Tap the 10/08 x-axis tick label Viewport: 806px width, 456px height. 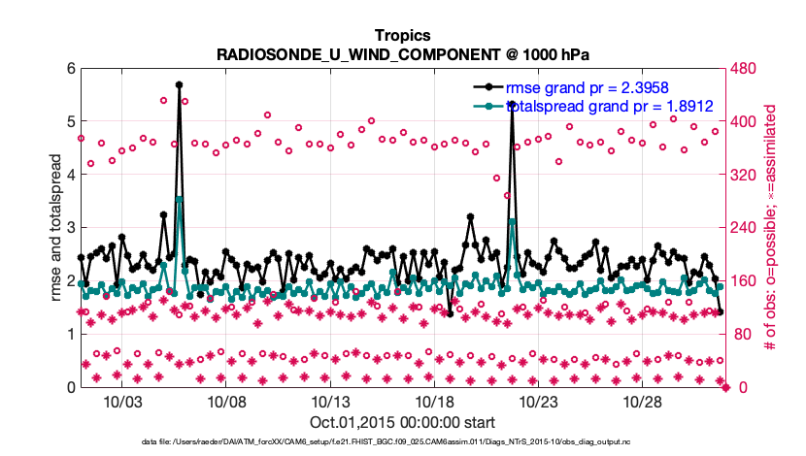click(x=225, y=402)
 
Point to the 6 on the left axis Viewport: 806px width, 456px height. click(x=70, y=69)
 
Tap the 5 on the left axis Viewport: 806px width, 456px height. click(x=70, y=122)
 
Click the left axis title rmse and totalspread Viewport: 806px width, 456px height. click(x=55, y=228)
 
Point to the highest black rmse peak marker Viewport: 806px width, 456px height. click(x=180, y=84)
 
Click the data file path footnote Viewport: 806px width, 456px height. click(x=402, y=442)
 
